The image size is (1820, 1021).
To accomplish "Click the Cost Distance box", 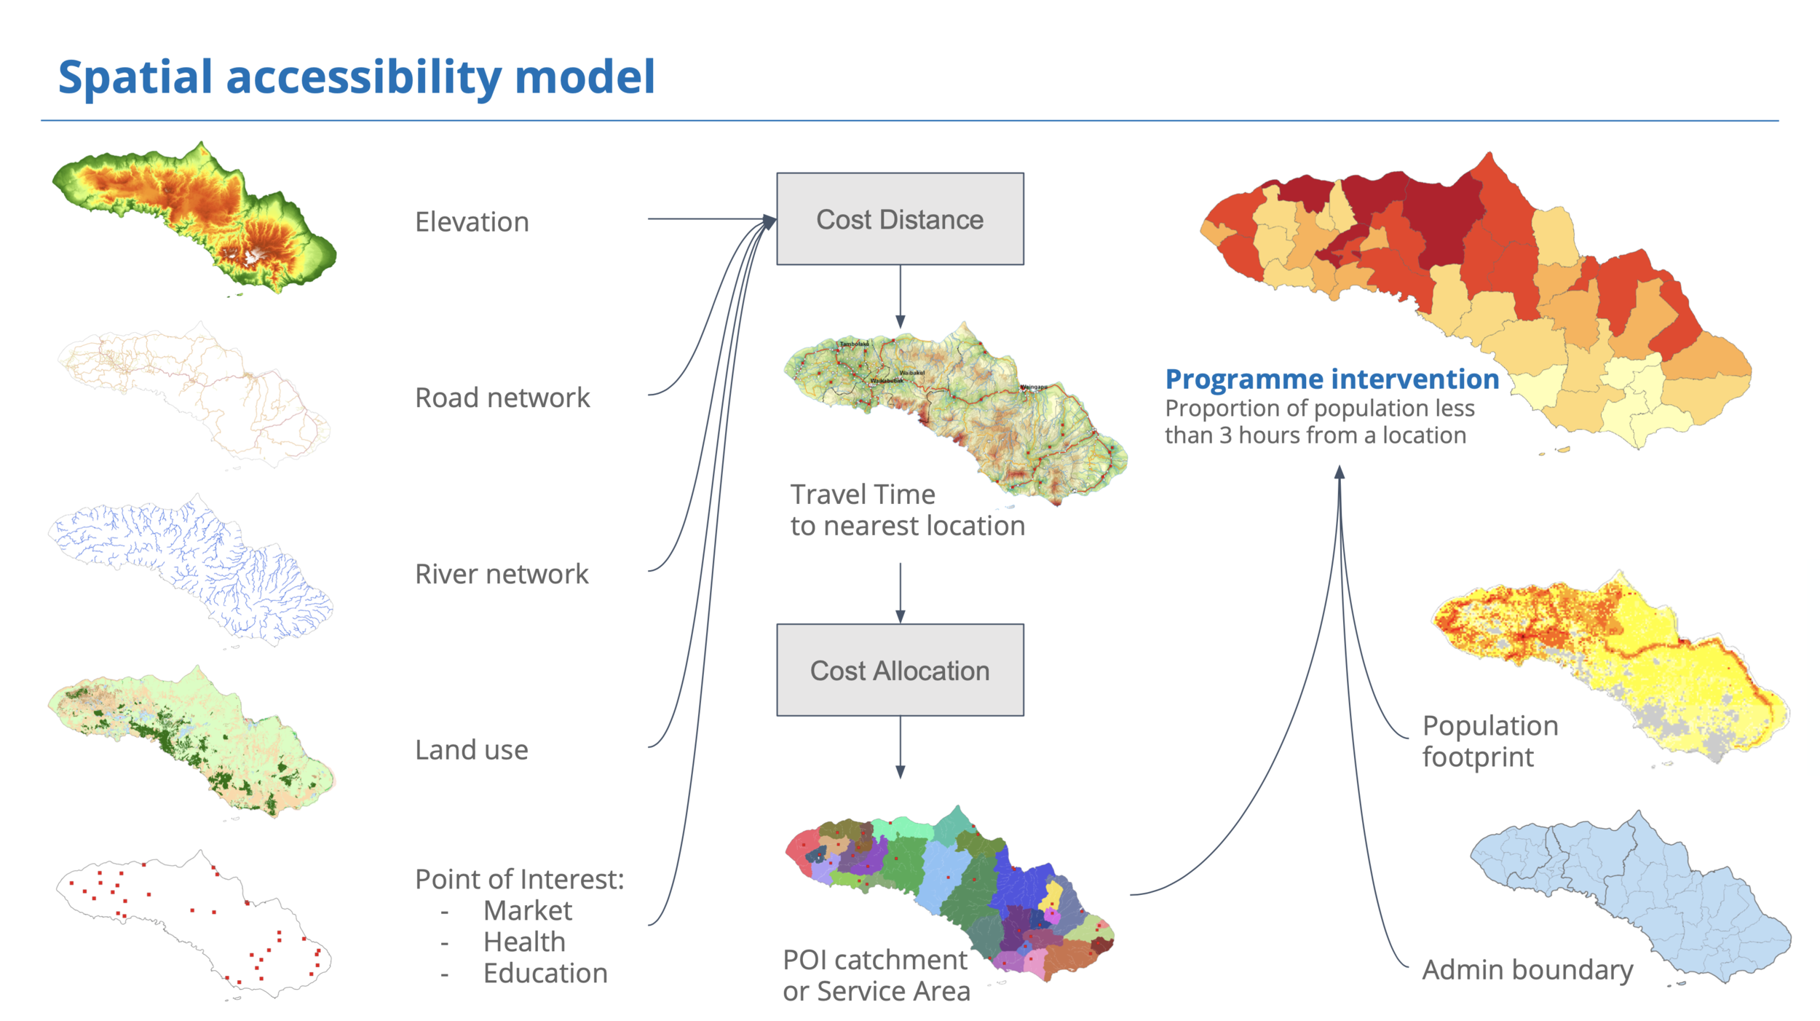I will (900, 218).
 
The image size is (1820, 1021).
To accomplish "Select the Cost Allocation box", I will (900, 670).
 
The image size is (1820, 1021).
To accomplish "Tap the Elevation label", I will (472, 222).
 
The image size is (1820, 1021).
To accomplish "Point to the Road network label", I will (502, 398).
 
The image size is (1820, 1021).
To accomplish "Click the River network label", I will (502, 574).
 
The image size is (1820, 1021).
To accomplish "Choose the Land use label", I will (472, 750).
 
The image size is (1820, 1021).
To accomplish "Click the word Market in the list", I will (528, 910).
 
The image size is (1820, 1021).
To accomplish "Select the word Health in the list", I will (524, 942).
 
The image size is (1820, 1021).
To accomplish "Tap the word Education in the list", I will (545, 973).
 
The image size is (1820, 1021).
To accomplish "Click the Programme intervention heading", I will (1332, 379).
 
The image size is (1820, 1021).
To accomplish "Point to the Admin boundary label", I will (1527, 970).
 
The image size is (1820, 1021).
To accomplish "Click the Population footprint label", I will (1489, 741).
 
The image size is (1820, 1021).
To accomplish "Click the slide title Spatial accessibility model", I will (357, 77).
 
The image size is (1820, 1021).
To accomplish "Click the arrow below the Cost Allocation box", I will (901, 746).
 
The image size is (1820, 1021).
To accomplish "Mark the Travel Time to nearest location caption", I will (907, 510).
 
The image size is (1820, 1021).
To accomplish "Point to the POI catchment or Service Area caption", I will (877, 976).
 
